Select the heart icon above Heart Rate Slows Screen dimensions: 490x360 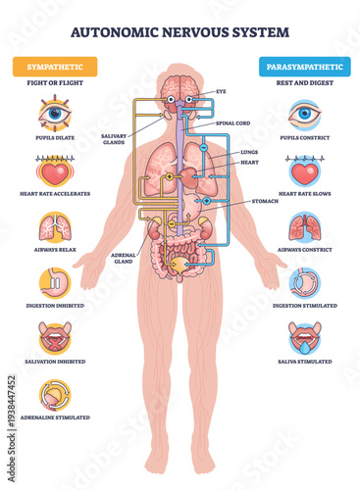[x=303, y=171]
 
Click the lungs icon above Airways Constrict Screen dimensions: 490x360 [x=303, y=227]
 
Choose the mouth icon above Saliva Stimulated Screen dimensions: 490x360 [x=303, y=339]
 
